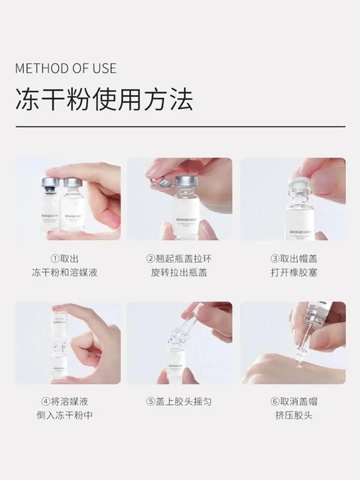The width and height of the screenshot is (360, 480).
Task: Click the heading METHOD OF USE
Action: coord(66,67)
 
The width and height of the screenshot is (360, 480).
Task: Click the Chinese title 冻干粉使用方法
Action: coord(104,100)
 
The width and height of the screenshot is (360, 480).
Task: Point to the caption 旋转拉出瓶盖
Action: coord(179,272)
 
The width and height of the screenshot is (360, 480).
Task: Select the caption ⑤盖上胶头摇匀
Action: coord(179,401)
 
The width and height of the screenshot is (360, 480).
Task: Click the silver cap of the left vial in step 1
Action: coord(51,183)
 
